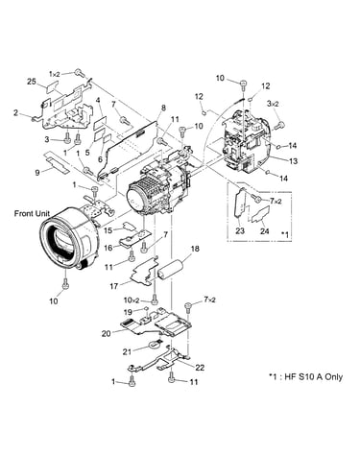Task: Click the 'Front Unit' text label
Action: [32, 213]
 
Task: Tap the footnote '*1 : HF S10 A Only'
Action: [305, 376]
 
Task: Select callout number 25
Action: [32, 82]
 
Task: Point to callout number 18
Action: [195, 249]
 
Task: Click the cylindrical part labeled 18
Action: [171, 269]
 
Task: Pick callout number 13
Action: [293, 160]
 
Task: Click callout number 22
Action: [200, 368]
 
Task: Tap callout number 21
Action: [128, 351]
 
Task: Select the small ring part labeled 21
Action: [154, 345]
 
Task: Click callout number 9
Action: [37, 173]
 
